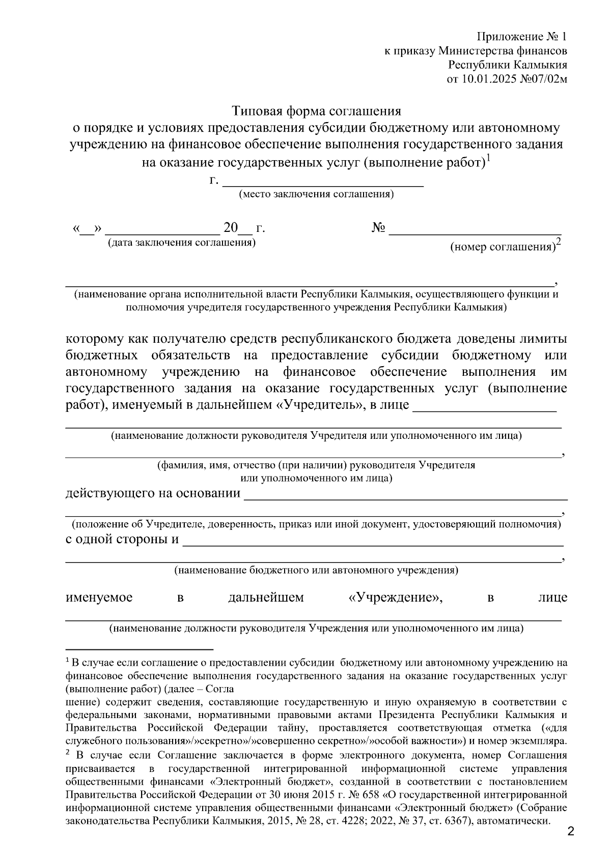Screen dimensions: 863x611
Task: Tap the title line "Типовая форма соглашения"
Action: (317, 111)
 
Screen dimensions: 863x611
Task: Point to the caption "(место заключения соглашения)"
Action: (316, 195)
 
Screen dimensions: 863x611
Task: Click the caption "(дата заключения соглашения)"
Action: (181, 243)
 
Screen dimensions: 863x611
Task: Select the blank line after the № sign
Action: (475, 231)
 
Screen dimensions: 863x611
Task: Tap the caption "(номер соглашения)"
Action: (502, 248)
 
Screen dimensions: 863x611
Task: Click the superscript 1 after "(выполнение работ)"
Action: (488, 158)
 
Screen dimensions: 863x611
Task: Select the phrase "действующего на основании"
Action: (153, 493)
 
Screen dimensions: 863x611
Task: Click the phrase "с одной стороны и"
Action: (122, 539)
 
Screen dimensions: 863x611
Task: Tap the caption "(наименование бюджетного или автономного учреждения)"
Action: (316, 571)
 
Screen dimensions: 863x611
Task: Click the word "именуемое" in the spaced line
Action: (99, 597)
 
